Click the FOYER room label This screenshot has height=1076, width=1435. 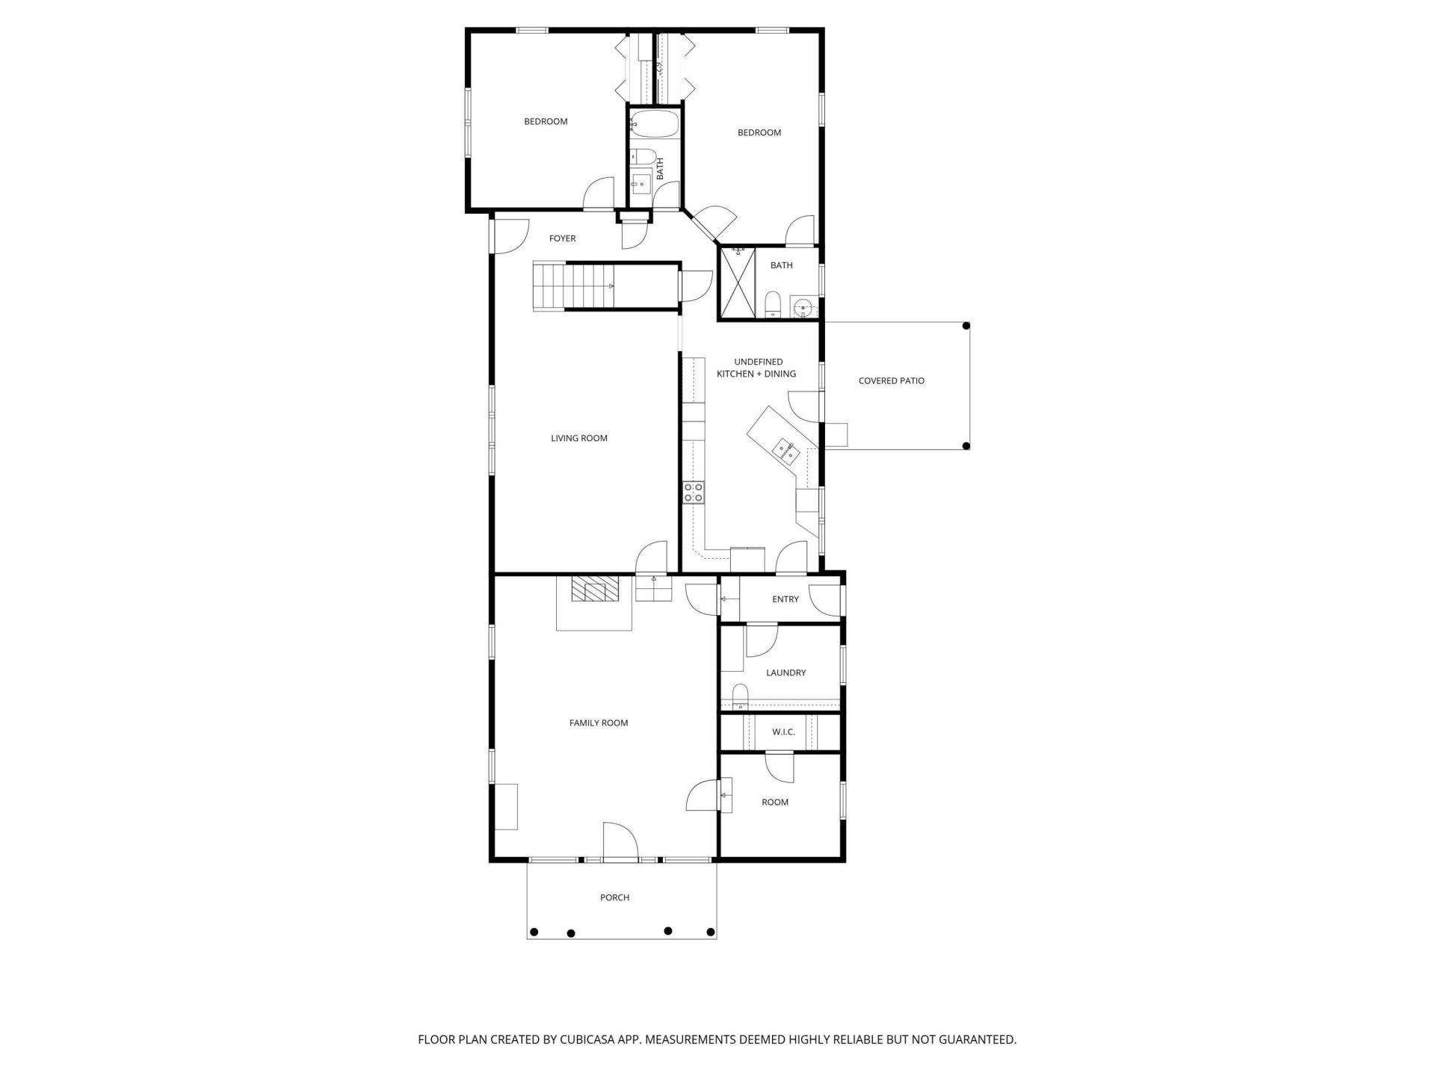(x=562, y=238)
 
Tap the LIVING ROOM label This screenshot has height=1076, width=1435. (x=579, y=438)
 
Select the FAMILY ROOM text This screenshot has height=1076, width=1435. (x=599, y=723)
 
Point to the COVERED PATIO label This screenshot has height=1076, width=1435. (x=892, y=380)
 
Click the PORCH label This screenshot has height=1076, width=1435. (x=614, y=897)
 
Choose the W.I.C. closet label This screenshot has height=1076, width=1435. (x=783, y=732)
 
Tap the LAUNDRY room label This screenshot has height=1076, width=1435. (x=786, y=672)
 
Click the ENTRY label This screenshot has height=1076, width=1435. (x=786, y=599)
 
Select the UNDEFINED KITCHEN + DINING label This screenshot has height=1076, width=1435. (x=756, y=368)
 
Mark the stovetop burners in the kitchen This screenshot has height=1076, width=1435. (x=693, y=492)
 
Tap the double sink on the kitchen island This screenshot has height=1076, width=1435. (x=786, y=450)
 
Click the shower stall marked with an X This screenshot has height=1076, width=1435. (x=738, y=284)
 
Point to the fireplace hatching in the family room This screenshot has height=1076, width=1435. (x=594, y=588)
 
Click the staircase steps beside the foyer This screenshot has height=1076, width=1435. (x=573, y=286)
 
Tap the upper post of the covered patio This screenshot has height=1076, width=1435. (x=966, y=326)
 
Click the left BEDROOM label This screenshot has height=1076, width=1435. (x=546, y=121)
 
